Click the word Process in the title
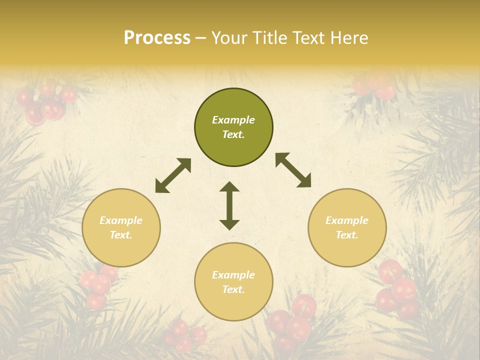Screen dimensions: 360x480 (x=157, y=37)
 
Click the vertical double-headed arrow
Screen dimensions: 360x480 (x=229, y=206)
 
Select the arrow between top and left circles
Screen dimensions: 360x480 (x=173, y=175)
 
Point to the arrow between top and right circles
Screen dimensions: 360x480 (x=293, y=170)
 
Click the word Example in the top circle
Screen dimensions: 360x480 (x=233, y=120)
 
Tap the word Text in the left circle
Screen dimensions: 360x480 (x=121, y=235)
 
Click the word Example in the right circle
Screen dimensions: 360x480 (x=347, y=220)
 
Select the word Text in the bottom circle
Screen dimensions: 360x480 (x=233, y=289)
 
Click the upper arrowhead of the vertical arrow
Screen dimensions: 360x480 (x=229, y=187)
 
